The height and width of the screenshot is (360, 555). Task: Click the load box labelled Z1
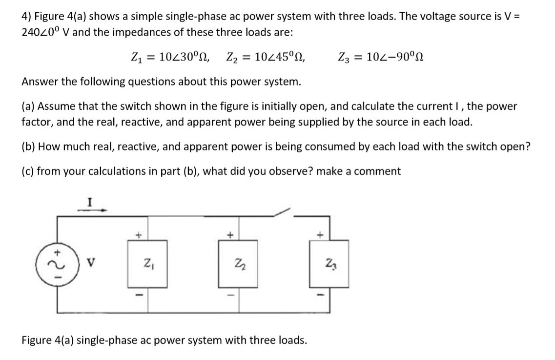pyautogui.click(x=147, y=266)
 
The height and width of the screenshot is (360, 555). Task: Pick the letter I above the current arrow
pyautogui.click(x=89, y=200)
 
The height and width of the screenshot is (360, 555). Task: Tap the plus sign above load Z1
pyautogui.click(x=138, y=235)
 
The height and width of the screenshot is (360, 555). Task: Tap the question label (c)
pyautogui.click(x=28, y=171)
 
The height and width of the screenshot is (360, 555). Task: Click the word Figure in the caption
pyautogui.click(x=37, y=339)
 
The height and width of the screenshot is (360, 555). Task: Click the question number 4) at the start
pyautogui.click(x=26, y=16)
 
